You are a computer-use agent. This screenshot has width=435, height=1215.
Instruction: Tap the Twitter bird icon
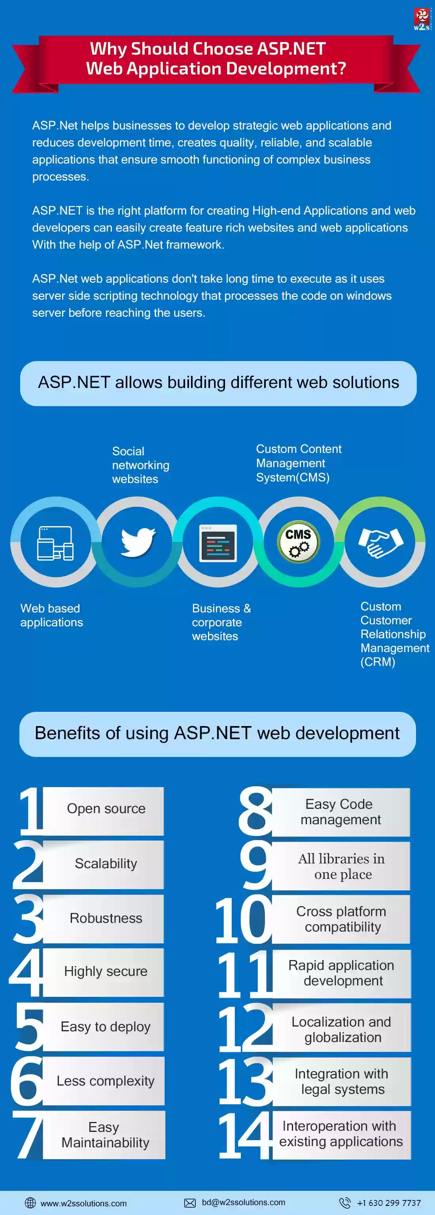tap(138, 542)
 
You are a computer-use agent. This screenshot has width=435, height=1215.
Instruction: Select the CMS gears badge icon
tap(298, 542)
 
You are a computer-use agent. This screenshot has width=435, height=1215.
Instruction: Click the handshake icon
tap(380, 542)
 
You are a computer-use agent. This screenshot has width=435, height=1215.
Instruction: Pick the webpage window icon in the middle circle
tap(218, 543)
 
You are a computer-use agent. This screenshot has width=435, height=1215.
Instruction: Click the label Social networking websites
tap(140, 465)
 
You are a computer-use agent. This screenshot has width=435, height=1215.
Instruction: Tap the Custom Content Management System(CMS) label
tap(299, 463)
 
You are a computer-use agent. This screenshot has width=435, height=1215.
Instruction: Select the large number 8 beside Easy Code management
tap(256, 810)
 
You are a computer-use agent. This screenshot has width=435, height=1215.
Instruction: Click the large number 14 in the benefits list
tap(246, 1135)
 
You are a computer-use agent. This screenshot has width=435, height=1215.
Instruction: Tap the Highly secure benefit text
tap(106, 971)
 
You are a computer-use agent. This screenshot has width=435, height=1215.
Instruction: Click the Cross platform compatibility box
tap(341, 919)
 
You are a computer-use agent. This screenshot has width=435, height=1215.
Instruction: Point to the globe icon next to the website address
tap(30, 1202)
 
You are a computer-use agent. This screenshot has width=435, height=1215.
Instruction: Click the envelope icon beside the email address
tap(190, 1203)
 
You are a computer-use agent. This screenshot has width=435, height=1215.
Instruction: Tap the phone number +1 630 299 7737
tap(389, 1203)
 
